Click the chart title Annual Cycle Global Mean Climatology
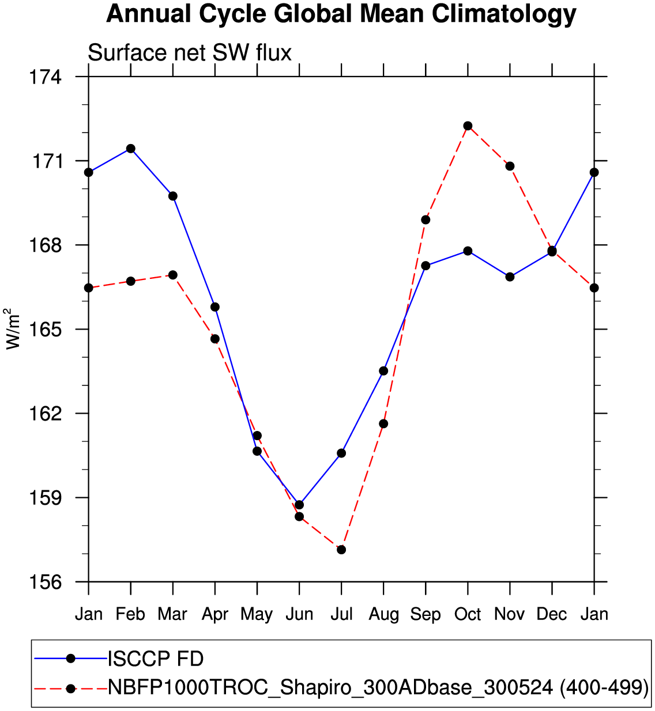pos(341,14)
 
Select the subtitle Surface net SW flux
pos(190,53)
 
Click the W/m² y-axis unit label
pos(13,329)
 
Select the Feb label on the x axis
pos(130,614)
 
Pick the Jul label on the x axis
pos(341,614)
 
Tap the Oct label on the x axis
pos(468,614)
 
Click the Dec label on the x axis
pos(552,614)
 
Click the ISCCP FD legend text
pos(156,659)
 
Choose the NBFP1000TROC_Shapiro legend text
pos(378,687)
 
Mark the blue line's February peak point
pos(131,149)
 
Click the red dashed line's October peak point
pos(468,126)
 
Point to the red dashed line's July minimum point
pos(341,550)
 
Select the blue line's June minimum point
pos(299,505)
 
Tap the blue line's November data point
pos(510,277)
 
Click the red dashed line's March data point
pos(173,275)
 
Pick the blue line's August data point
pos(383,370)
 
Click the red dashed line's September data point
pos(426,220)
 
